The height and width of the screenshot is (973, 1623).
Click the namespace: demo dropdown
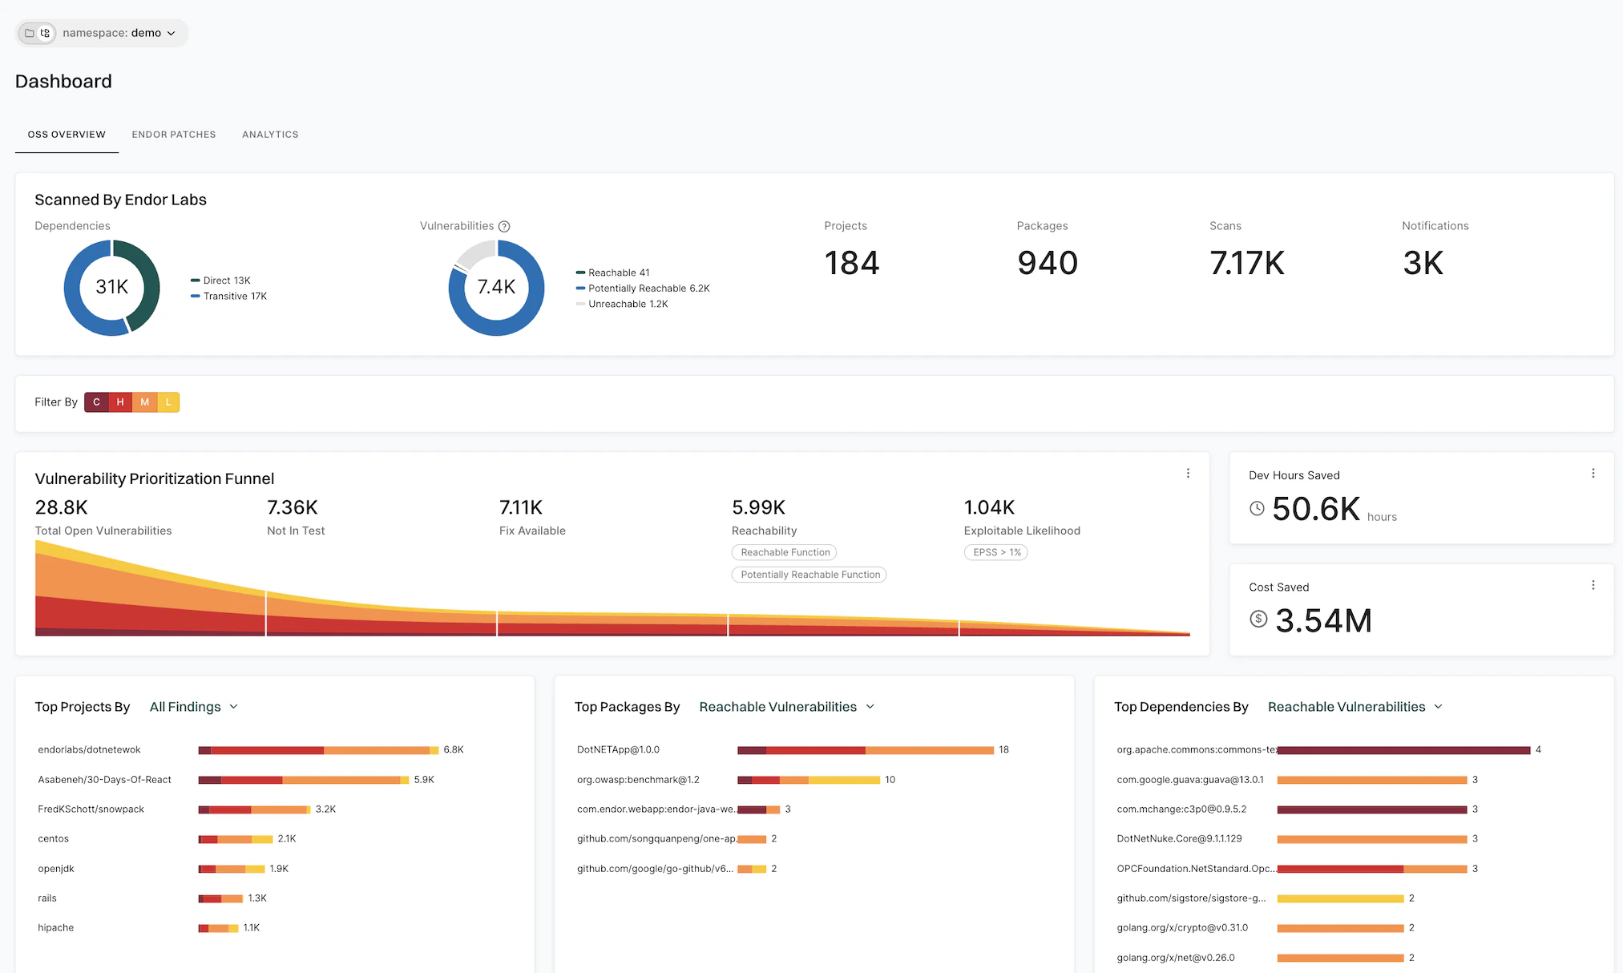[x=112, y=33]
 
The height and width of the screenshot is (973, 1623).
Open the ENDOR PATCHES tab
[x=174, y=135]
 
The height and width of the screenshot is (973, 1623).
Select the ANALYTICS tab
[x=270, y=135]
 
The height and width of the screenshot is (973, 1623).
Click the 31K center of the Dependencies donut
[x=111, y=287]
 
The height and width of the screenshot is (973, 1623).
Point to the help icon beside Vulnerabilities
[x=504, y=227]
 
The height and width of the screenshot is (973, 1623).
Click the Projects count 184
[x=851, y=263]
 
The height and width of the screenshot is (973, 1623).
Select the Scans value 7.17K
[x=1246, y=263]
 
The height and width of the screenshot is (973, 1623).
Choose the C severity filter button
[x=96, y=402]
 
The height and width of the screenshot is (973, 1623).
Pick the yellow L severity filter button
[x=168, y=402]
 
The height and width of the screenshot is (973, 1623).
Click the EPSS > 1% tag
[x=996, y=552]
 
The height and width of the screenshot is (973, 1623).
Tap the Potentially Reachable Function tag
[x=809, y=575]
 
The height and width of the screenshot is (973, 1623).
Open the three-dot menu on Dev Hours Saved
[x=1593, y=474]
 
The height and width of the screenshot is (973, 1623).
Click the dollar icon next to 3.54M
[x=1258, y=619]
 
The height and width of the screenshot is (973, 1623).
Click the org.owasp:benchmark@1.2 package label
[x=638, y=780]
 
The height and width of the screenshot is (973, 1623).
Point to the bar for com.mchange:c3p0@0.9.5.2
[x=1371, y=809]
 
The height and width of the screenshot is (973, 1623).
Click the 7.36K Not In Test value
[x=293, y=507]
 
